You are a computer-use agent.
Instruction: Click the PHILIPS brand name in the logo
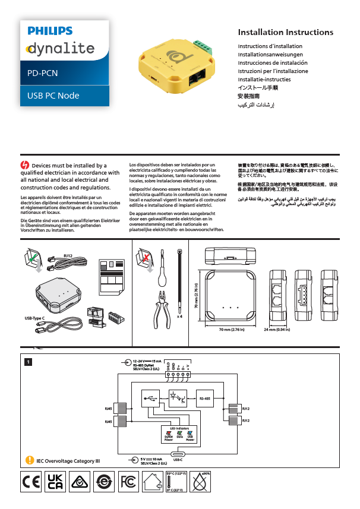click(x=50, y=31)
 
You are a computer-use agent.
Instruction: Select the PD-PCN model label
click(x=43, y=74)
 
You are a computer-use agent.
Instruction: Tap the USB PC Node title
click(x=53, y=96)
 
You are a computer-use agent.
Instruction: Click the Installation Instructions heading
click(x=285, y=32)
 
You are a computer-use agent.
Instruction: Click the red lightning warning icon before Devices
click(x=24, y=165)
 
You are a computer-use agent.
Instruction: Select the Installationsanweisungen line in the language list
click(x=266, y=54)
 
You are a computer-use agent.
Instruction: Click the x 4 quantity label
click(x=179, y=316)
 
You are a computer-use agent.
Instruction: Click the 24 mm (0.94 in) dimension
click(x=277, y=329)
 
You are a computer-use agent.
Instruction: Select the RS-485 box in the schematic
click(x=204, y=399)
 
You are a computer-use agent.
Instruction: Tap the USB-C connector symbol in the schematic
click(x=178, y=453)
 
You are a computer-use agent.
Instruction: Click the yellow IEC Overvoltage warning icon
click(x=30, y=459)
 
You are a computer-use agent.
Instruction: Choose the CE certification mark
click(x=30, y=482)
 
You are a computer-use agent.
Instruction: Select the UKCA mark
click(x=55, y=482)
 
